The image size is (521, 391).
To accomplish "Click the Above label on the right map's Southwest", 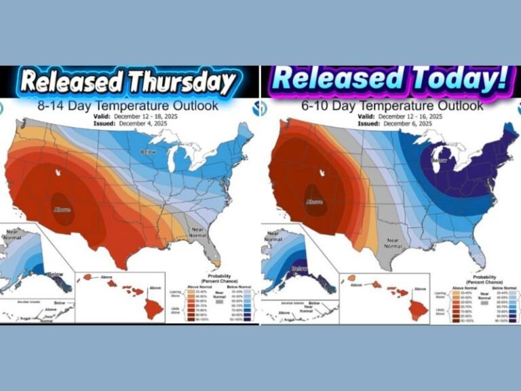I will pyautogui.click(x=313, y=202).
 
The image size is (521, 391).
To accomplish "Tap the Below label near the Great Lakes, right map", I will pyautogui.click(x=439, y=161).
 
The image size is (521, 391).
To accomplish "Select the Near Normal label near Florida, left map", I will pyautogui.click(x=197, y=233).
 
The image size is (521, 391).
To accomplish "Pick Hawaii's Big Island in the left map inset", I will pyautogui.click(x=151, y=308).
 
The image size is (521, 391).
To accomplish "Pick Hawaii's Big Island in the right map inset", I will pyautogui.click(x=414, y=308).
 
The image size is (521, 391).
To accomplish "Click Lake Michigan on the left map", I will pyautogui.click(x=176, y=164).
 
